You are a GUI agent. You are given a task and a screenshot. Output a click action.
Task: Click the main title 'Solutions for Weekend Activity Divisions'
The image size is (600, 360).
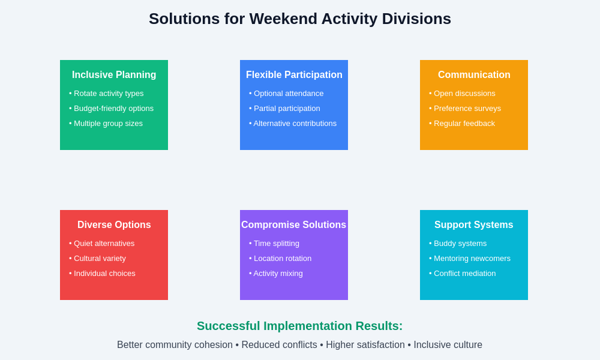click(300, 19)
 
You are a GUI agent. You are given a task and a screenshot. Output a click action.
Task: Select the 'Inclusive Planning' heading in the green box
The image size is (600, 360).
click(114, 75)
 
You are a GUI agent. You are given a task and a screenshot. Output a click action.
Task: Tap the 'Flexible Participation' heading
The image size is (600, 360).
click(294, 75)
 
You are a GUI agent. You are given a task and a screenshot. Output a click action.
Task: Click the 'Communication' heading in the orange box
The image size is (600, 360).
click(474, 75)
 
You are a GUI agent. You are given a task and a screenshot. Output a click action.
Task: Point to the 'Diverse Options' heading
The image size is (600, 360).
click(114, 225)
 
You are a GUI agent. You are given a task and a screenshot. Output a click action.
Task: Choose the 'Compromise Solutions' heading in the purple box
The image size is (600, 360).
click(294, 225)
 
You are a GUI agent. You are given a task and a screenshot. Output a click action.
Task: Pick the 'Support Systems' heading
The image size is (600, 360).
click(474, 225)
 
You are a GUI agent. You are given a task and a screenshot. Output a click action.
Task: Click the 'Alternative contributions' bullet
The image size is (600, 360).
click(294, 124)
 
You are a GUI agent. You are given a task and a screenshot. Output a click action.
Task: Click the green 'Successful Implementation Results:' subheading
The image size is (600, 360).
click(300, 326)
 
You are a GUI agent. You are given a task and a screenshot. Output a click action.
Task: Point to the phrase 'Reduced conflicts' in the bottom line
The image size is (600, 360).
click(279, 345)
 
